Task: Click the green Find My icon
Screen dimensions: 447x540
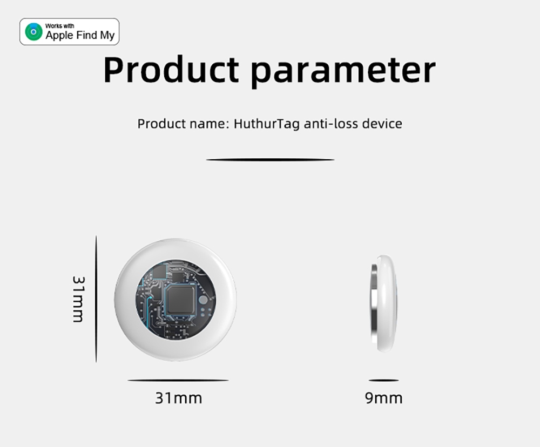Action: (34, 32)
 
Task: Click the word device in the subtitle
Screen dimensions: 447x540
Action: (382, 124)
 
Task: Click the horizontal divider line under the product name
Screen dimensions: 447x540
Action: (270, 160)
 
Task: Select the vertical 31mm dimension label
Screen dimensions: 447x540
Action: (78, 299)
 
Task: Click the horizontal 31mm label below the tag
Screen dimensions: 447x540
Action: (178, 398)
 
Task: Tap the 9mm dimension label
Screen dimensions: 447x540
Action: (383, 398)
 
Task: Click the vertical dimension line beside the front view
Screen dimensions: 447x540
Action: (96, 299)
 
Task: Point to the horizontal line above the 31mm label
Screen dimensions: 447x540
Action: (178, 381)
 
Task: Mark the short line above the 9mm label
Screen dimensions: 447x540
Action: (383, 381)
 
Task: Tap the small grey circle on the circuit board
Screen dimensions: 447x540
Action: (203, 300)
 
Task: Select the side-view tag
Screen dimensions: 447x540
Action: (384, 303)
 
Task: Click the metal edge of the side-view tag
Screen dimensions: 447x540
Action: (374, 303)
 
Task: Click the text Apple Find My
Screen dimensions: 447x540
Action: (80, 36)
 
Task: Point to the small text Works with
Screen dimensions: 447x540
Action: (59, 25)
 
